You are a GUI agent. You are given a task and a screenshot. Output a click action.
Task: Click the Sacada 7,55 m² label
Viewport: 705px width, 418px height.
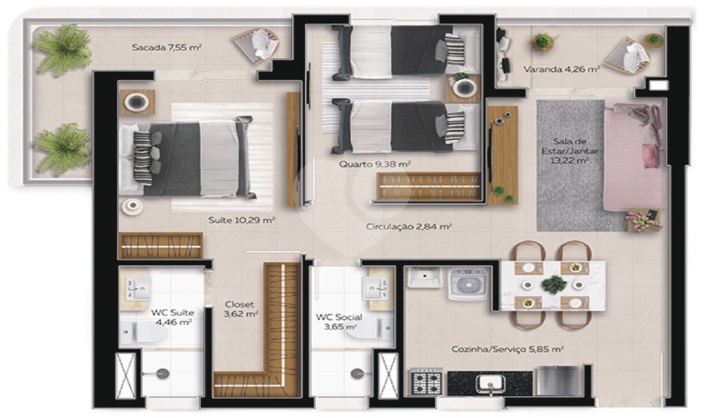click(167, 48)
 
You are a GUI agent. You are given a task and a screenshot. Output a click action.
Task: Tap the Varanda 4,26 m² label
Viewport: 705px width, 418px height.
click(562, 70)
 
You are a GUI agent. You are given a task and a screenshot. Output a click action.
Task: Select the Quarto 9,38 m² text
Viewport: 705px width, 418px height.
click(375, 164)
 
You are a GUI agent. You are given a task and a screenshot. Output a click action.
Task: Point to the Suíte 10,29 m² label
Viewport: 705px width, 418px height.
click(242, 220)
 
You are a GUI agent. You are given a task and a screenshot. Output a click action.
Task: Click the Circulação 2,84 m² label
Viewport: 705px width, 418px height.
click(409, 227)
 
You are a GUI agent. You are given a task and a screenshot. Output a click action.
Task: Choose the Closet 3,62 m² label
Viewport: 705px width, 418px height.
click(240, 309)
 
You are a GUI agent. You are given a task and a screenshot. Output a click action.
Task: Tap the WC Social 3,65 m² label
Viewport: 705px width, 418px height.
click(339, 322)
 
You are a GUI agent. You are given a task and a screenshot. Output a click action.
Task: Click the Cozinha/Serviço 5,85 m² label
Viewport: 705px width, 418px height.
click(507, 349)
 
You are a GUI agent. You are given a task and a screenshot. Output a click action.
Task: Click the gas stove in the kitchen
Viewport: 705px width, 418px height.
click(426, 382)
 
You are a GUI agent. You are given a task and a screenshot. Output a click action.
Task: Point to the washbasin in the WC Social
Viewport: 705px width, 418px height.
click(375, 288)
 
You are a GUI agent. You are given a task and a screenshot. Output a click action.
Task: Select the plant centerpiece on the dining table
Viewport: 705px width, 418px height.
click(554, 284)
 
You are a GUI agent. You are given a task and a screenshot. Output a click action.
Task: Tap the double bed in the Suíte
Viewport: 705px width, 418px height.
click(187, 159)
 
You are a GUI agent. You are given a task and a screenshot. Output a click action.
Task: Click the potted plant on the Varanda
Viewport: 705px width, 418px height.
click(543, 42)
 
